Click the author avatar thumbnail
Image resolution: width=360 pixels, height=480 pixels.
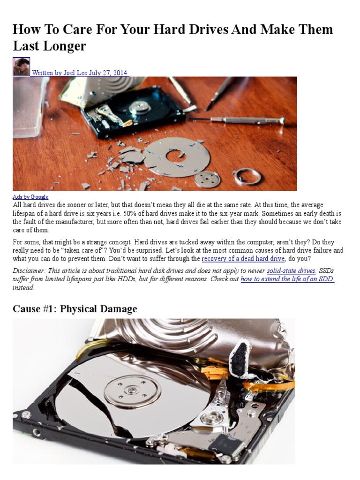[x=21, y=67]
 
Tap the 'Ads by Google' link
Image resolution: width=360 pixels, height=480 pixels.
[x=30, y=197]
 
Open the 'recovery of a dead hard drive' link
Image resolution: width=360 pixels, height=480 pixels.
[x=243, y=259]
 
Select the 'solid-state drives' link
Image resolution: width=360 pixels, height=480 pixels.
[x=291, y=271]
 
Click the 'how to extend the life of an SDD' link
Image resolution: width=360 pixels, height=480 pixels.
[x=287, y=279]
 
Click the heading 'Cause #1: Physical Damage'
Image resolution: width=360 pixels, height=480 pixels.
[x=75, y=309]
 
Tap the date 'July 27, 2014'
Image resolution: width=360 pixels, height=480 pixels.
[x=108, y=73]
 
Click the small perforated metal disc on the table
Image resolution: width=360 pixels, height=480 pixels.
[x=207, y=179]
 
